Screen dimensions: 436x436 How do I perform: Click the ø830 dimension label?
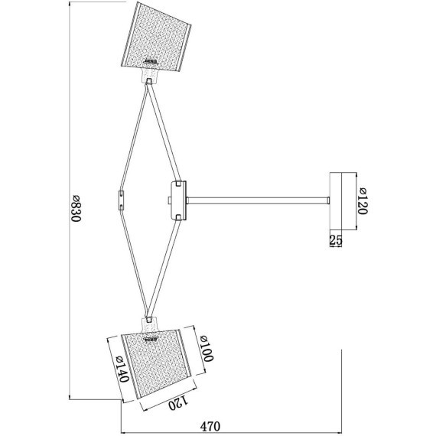(76, 208)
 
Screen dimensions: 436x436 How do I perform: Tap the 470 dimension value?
(210, 426)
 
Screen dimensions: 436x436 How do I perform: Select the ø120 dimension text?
(363, 201)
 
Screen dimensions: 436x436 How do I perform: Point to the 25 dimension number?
(336, 240)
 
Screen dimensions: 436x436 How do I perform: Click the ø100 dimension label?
(207, 348)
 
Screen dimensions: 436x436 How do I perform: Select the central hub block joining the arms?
(178, 200)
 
